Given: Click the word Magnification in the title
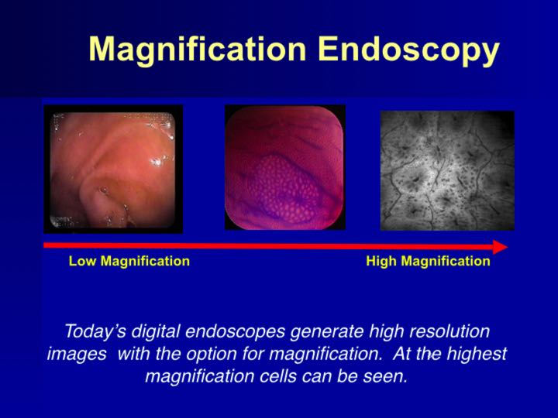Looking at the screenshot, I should click(x=198, y=50).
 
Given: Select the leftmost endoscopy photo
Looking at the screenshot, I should click(x=113, y=169).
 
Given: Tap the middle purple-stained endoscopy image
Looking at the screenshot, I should click(x=284, y=167).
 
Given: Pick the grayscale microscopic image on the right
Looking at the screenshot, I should click(x=447, y=170).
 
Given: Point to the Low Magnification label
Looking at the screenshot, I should click(x=129, y=261).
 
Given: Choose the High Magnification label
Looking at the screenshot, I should click(x=428, y=261).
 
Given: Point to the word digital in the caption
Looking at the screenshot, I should click(x=155, y=331).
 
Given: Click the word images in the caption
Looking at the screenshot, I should click(x=72, y=355).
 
